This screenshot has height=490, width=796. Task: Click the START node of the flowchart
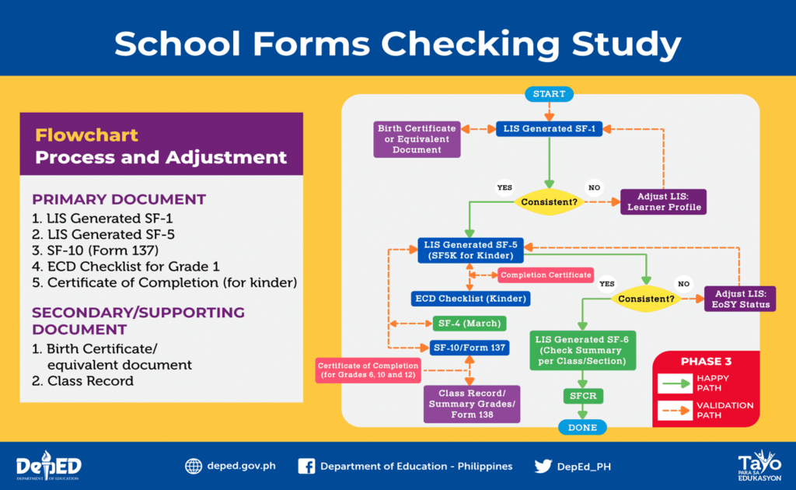[x=550, y=94]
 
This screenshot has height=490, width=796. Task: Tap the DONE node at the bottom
[x=582, y=427]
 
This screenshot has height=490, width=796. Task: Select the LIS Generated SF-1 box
[x=550, y=128]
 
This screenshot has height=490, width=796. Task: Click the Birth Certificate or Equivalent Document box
[x=417, y=138]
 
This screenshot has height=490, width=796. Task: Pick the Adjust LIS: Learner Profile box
[x=664, y=201]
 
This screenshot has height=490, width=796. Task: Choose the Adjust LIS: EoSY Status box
[x=741, y=299]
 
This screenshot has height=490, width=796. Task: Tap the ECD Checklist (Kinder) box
[x=470, y=298]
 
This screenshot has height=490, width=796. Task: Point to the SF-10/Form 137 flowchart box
[x=470, y=347]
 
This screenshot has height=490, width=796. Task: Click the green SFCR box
[x=582, y=396]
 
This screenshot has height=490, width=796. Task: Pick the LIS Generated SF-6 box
[x=583, y=349]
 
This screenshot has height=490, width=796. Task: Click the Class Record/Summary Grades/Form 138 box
[x=472, y=404]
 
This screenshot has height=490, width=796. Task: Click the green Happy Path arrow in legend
[x=675, y=383]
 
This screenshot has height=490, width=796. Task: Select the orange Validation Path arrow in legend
[x=675, y=410]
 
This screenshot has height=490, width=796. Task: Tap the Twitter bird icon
[x=543, y=466]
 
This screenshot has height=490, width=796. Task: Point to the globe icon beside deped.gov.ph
[x=194, y=466]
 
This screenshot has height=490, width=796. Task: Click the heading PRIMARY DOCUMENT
[x=119, y=198]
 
